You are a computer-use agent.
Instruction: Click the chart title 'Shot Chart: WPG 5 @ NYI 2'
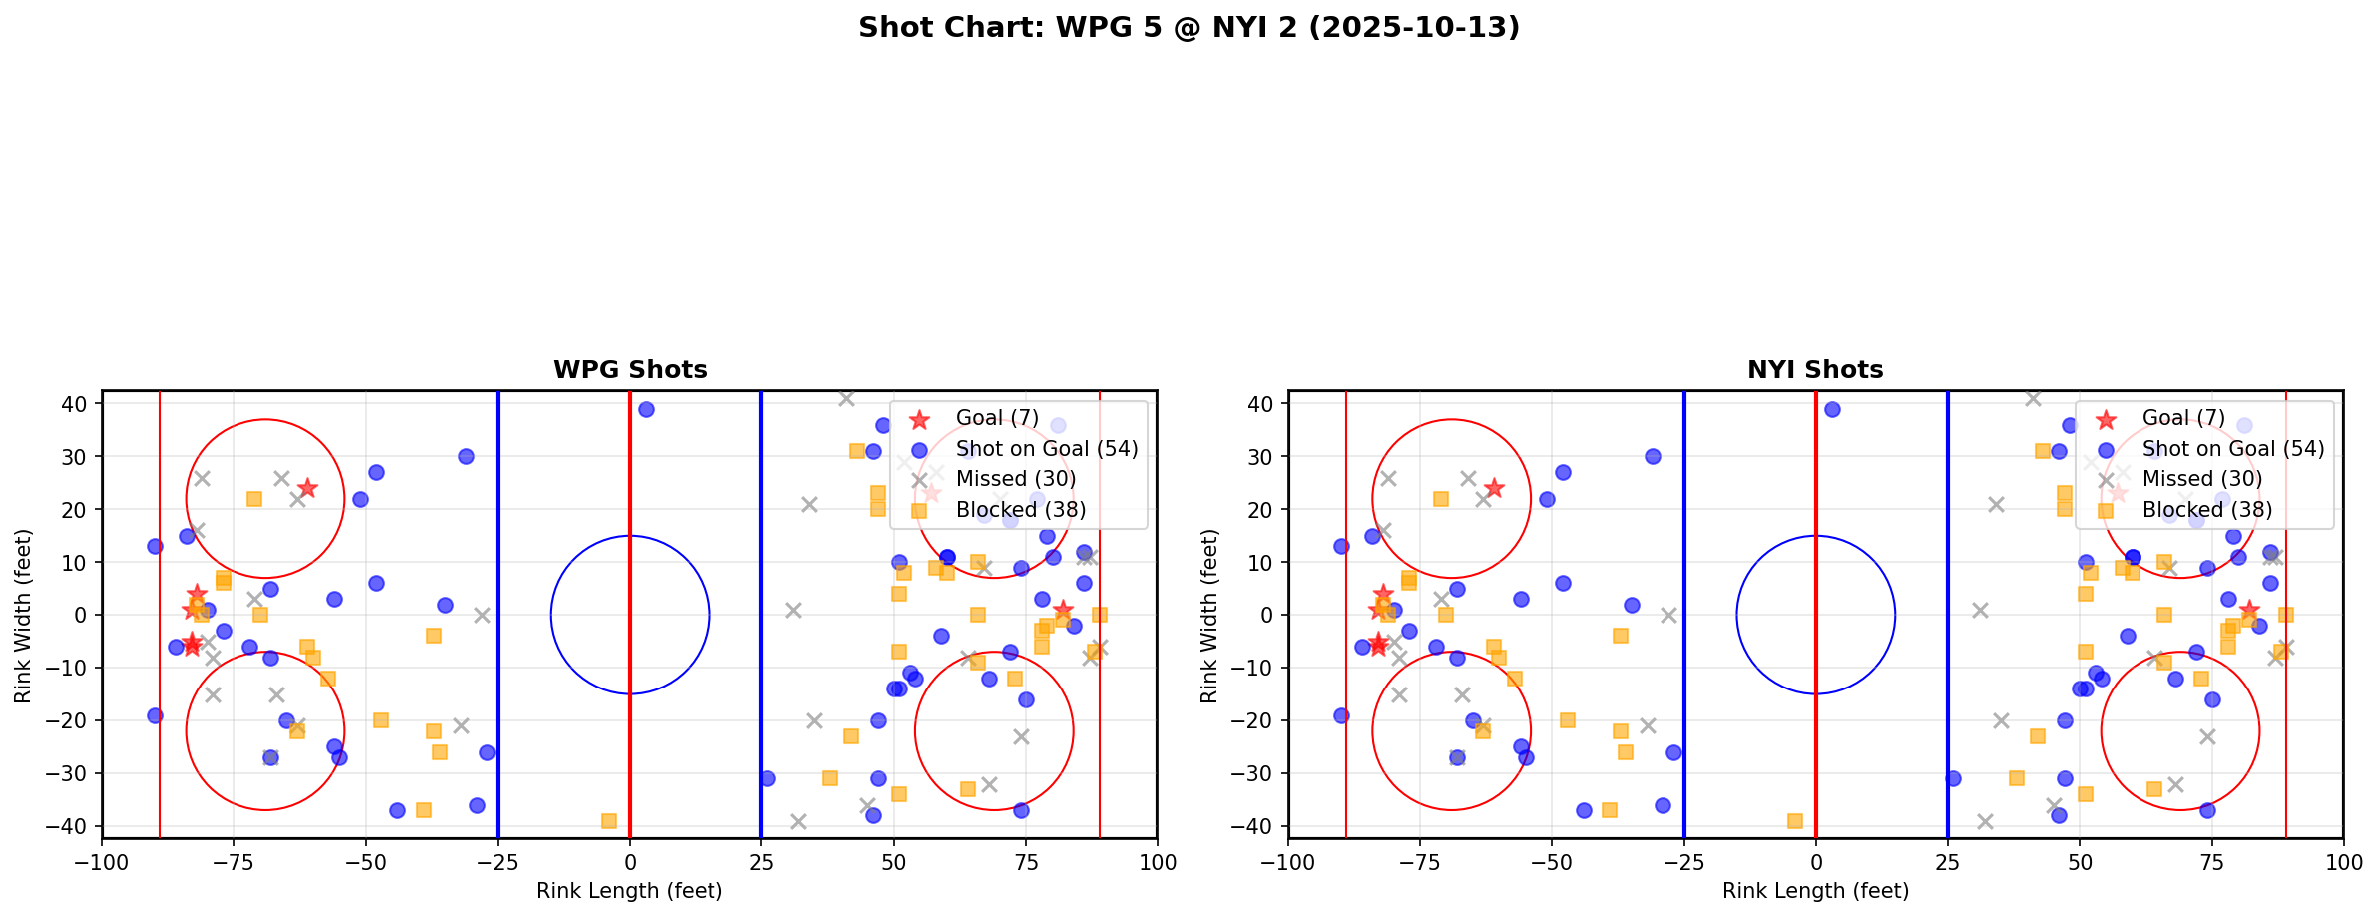[x=1189, y=28]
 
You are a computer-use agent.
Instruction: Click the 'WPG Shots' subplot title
[x=630, y=370]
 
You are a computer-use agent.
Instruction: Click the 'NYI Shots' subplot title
[x=1815, y=370]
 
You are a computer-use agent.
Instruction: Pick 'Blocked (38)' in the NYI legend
[x=2206, y=510]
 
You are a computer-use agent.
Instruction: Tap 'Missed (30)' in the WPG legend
[x=1015, y=479]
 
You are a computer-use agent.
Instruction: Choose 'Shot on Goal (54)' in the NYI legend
[x=2232, y=449]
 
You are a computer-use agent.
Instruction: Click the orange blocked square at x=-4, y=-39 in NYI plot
[x=1794, y=821]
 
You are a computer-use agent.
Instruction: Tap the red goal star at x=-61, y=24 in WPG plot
[x=307, y=488]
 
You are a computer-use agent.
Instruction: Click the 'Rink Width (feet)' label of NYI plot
[x=1209, y=616]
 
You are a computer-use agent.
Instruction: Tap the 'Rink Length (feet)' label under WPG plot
[x=630, y=891]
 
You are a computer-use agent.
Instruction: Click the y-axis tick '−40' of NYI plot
[x=1258, y=826]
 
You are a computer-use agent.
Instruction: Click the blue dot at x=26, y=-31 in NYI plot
[x=1953, y=778]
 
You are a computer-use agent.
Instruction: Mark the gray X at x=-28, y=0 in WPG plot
[x=482, y=615]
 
